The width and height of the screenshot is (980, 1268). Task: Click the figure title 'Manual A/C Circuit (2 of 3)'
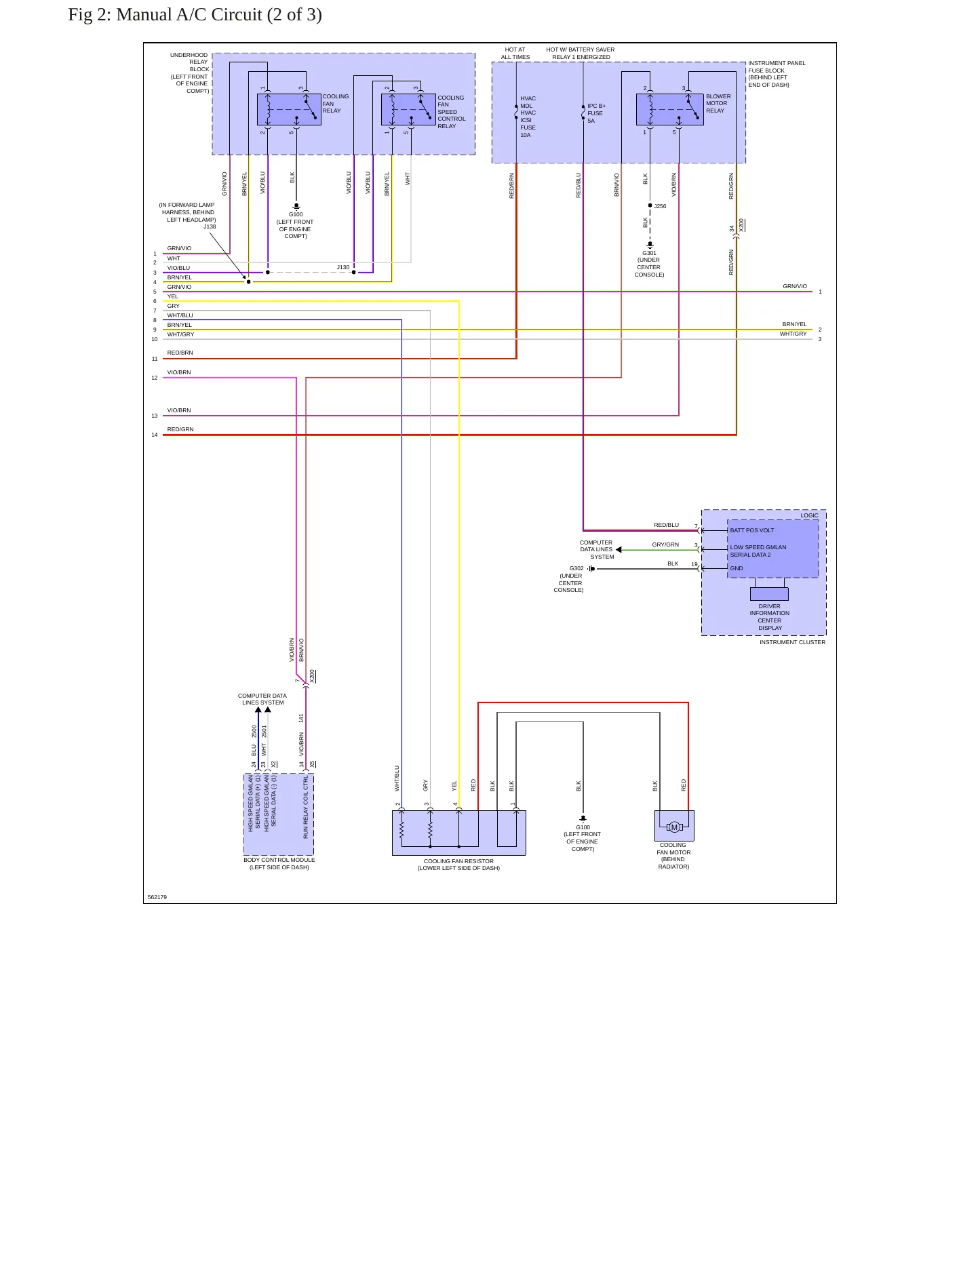pos(219,15)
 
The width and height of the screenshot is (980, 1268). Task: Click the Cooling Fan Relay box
pos(289,109)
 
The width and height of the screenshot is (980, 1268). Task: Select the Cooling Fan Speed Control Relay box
pos(408,109)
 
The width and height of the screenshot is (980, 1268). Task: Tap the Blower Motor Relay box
pos(670,109)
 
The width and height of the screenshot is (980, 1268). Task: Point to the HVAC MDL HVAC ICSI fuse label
pos(528,117)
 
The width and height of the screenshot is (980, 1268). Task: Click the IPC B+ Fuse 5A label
pos(596,113)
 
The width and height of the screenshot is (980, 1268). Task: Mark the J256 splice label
pos(660,206)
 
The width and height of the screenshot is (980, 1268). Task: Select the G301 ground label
pos(649,253)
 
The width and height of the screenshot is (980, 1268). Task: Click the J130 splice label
pos(343,267)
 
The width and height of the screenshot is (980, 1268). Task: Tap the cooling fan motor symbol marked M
pos(674,827)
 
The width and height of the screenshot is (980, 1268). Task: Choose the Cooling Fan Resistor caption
pos(458,865)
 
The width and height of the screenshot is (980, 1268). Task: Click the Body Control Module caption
pos(279,863)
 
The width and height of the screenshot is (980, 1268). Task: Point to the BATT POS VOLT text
pos(751,530)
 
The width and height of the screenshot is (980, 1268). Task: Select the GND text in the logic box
pos(737,568)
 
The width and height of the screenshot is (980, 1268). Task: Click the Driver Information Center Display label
pos(769,617)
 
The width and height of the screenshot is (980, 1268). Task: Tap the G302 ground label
pos(576,568)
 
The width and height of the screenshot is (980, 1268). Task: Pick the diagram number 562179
pos(157,897)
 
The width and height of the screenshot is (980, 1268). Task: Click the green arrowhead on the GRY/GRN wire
pos(619,550)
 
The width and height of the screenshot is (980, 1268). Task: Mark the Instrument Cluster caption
pos(792,642)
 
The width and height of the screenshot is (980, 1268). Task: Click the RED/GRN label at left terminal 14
pos(180,429)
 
